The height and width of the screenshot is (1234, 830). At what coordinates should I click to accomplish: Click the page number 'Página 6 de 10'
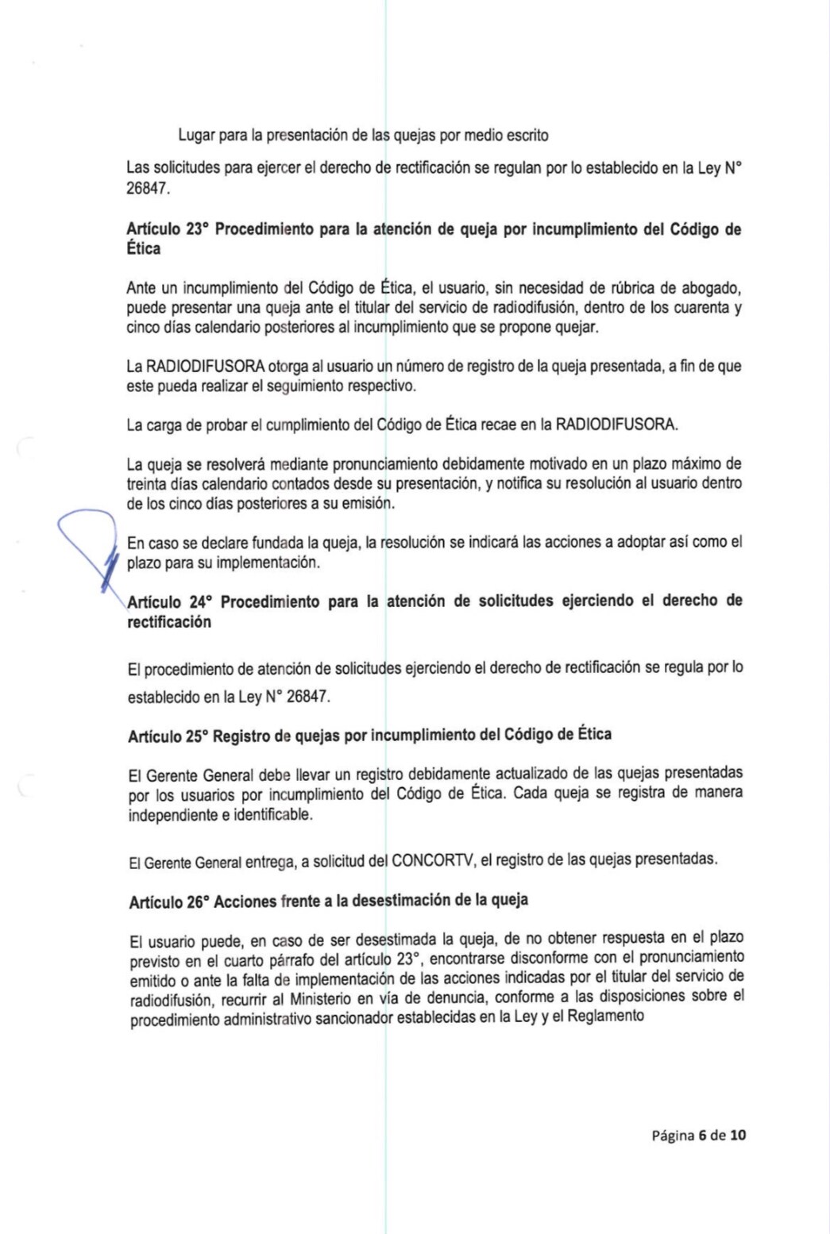(698, 1135)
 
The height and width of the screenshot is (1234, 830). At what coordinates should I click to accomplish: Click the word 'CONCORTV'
(430, 859)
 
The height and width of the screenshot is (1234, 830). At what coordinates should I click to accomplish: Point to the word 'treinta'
(148, 483)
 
